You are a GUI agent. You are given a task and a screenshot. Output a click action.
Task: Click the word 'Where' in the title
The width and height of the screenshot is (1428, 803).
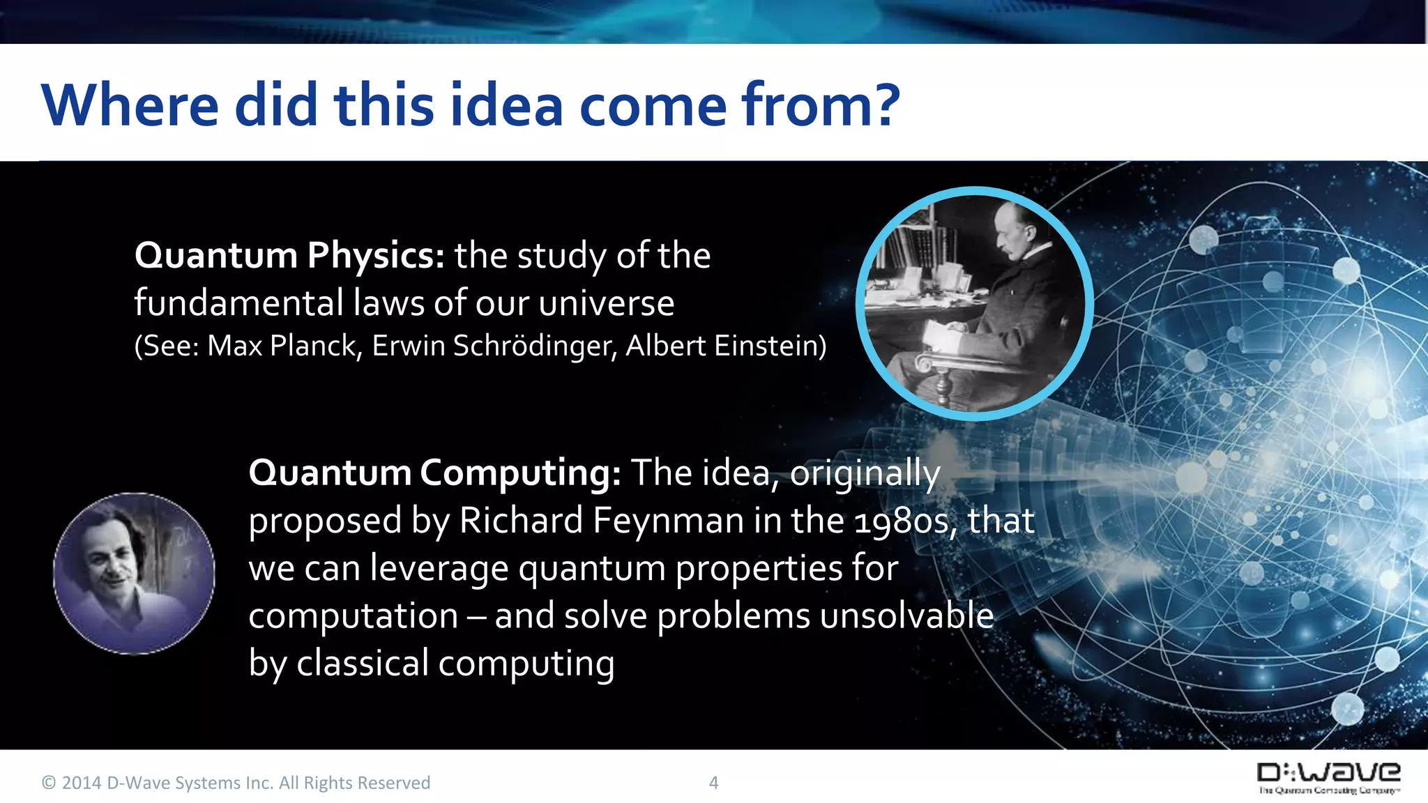130,106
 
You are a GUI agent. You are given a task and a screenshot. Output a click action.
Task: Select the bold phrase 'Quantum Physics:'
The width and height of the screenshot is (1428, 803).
289,257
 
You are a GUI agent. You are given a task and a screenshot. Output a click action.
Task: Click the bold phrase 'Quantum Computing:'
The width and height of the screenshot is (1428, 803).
434,474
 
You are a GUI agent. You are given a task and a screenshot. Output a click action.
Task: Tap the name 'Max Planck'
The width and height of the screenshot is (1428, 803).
282,346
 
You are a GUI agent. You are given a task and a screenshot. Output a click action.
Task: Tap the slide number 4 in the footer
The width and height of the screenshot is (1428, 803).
713,783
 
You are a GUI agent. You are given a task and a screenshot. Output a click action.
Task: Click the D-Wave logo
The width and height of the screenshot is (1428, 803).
1328,777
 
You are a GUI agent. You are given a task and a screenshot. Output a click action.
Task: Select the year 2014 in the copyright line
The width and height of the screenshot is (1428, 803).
82,783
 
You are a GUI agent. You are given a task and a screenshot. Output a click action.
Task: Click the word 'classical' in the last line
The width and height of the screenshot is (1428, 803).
363,664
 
